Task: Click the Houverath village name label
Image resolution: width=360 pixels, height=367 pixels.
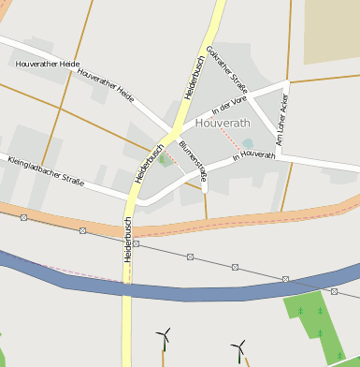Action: (x=223, y=123)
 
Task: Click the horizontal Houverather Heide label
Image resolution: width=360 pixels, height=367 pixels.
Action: (x=48, y=64)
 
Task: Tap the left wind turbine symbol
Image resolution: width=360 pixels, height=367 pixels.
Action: (x=165, y=334)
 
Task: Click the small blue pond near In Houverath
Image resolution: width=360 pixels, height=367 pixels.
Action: (x=248, y=144)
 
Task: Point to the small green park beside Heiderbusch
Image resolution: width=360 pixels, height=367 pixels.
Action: (x=165, y=159)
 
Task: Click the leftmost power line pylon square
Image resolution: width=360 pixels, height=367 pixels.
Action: (x=24, y=217)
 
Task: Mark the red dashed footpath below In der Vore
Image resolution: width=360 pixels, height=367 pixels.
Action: (x=221, y=136)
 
